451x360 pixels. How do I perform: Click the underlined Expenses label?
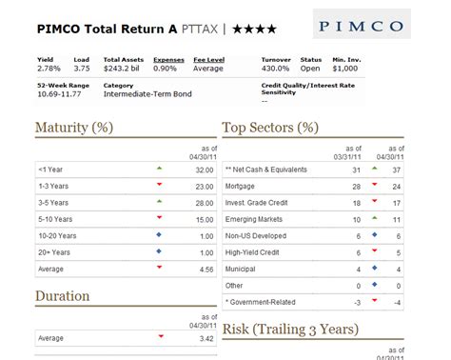pos(169,58)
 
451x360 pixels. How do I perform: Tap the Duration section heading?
pos(63,296)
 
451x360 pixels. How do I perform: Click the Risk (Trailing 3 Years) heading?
pos(289,330)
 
